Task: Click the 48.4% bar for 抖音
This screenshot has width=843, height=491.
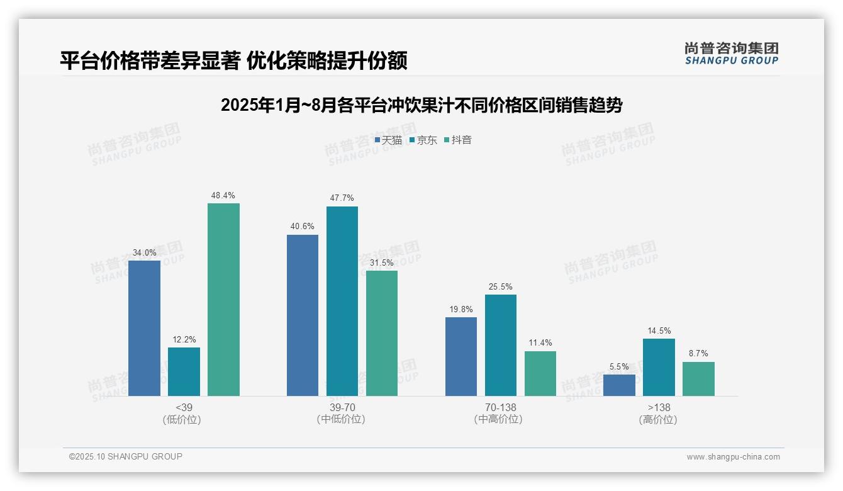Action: point(223,300)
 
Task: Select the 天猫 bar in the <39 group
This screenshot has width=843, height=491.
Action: point(144,328)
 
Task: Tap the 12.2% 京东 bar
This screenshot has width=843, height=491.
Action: point(184,371)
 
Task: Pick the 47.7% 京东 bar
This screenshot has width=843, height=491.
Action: point(342,301)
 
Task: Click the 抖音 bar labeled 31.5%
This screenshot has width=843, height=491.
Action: point(382,333)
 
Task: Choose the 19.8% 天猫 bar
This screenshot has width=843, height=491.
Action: point(461,356)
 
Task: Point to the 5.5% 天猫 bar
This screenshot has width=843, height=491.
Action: point(619,385)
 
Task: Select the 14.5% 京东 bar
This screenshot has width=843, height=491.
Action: point(659,367)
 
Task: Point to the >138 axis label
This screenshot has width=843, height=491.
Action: point(659,408)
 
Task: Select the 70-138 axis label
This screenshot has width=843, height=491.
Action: point(500,408)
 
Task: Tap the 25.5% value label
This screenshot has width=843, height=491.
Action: point(501,286)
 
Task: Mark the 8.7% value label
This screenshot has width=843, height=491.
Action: point(698,354)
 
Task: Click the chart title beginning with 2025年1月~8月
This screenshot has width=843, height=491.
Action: point(421,105)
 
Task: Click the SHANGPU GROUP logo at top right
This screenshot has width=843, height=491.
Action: point(731,54)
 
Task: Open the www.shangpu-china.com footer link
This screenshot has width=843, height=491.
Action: point(733,457)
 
